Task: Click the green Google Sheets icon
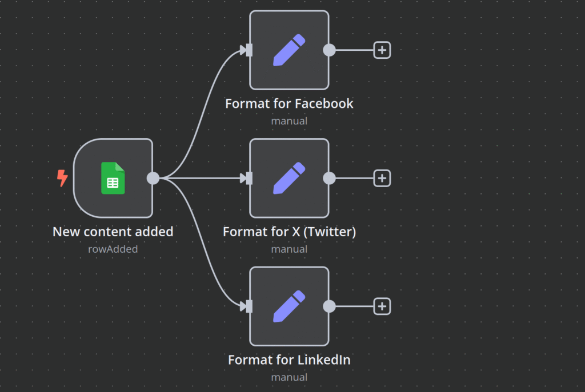coord(113,178)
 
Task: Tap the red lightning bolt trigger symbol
coord(62,178)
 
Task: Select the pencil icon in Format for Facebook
coord(289,50)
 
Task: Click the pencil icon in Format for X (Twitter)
coord(289,178)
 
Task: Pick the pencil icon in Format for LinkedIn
coord(289,306)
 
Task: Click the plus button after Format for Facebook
coord(382,50)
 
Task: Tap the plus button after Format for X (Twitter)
coord(382,178)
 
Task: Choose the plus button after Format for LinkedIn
coord(382,306)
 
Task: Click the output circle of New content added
coord(153,178)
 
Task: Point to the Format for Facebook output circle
coord(329,50)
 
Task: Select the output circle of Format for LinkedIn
coord(329,306)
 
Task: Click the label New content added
coord(113,232)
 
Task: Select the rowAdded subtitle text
coord(113,249)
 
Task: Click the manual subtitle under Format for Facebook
coord(289,121)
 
